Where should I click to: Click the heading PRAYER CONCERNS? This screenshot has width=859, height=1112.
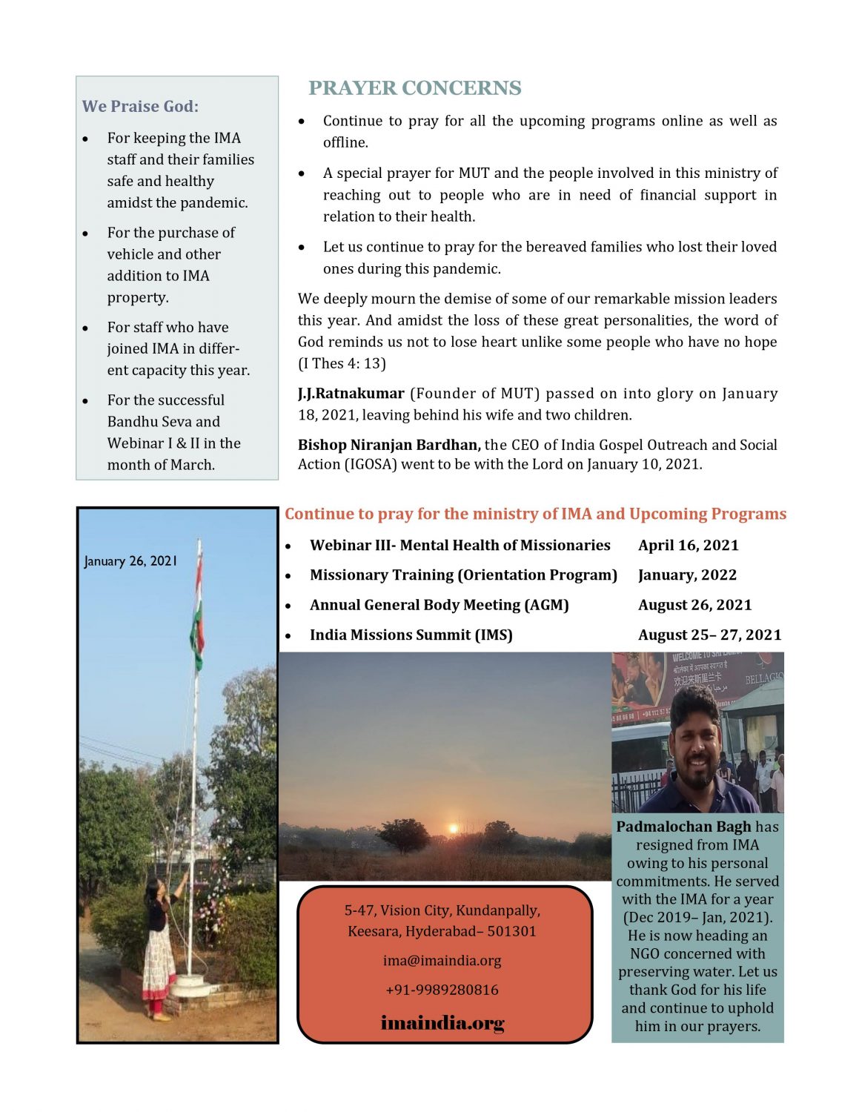click(414, 88)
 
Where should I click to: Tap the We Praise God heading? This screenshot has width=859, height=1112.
click(140, 107)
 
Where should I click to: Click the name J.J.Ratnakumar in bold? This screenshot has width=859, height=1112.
click(351, 394)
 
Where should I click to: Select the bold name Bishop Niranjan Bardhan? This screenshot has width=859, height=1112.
click(389, 445)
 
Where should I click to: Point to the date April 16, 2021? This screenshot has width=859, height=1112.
click(688, 546)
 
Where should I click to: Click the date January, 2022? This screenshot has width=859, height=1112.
click(687, 575)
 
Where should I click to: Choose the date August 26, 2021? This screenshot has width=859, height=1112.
click(694, 605)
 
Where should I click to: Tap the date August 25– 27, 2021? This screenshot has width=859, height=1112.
click(709, 635)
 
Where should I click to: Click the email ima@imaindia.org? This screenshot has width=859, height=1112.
click(442, 961)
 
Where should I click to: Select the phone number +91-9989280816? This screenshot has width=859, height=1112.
click(442, 990)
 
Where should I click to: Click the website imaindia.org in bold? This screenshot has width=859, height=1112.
click(442, 1023)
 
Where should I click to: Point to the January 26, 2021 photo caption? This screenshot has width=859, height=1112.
click(130, 561)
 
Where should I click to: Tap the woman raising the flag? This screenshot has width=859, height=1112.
click(159, 945)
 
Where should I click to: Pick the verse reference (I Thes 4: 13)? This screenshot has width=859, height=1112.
click(342, 363)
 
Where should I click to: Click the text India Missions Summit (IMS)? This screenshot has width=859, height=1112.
click(411, 635)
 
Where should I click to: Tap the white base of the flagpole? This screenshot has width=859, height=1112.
click(188, 985)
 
